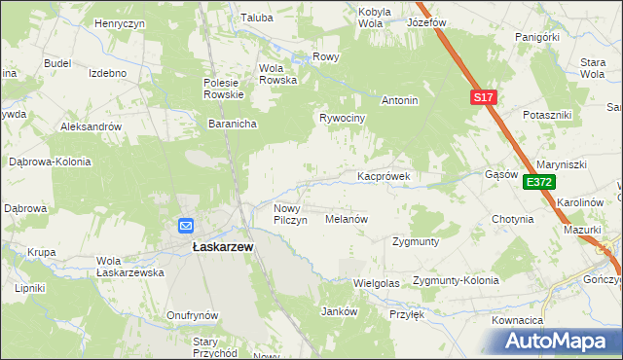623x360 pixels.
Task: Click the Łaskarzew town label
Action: pos(218,248)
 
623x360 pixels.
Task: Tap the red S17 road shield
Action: pos(485,97)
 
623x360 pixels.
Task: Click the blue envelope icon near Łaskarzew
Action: pos(186,226)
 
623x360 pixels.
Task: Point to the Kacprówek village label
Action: pos(387,177)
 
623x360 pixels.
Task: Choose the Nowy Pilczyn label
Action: pos(291,214)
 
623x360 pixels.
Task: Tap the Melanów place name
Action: pos(346,220)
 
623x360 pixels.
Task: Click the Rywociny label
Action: pos(342,118)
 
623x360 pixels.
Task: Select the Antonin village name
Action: pos(399,100)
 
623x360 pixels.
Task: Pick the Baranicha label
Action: pos(232,124)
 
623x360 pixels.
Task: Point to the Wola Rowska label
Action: pos(277,74)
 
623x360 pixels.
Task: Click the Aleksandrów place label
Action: pos(91,126)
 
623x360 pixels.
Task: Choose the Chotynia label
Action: pos(513,219)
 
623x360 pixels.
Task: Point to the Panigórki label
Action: pos(537,37)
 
